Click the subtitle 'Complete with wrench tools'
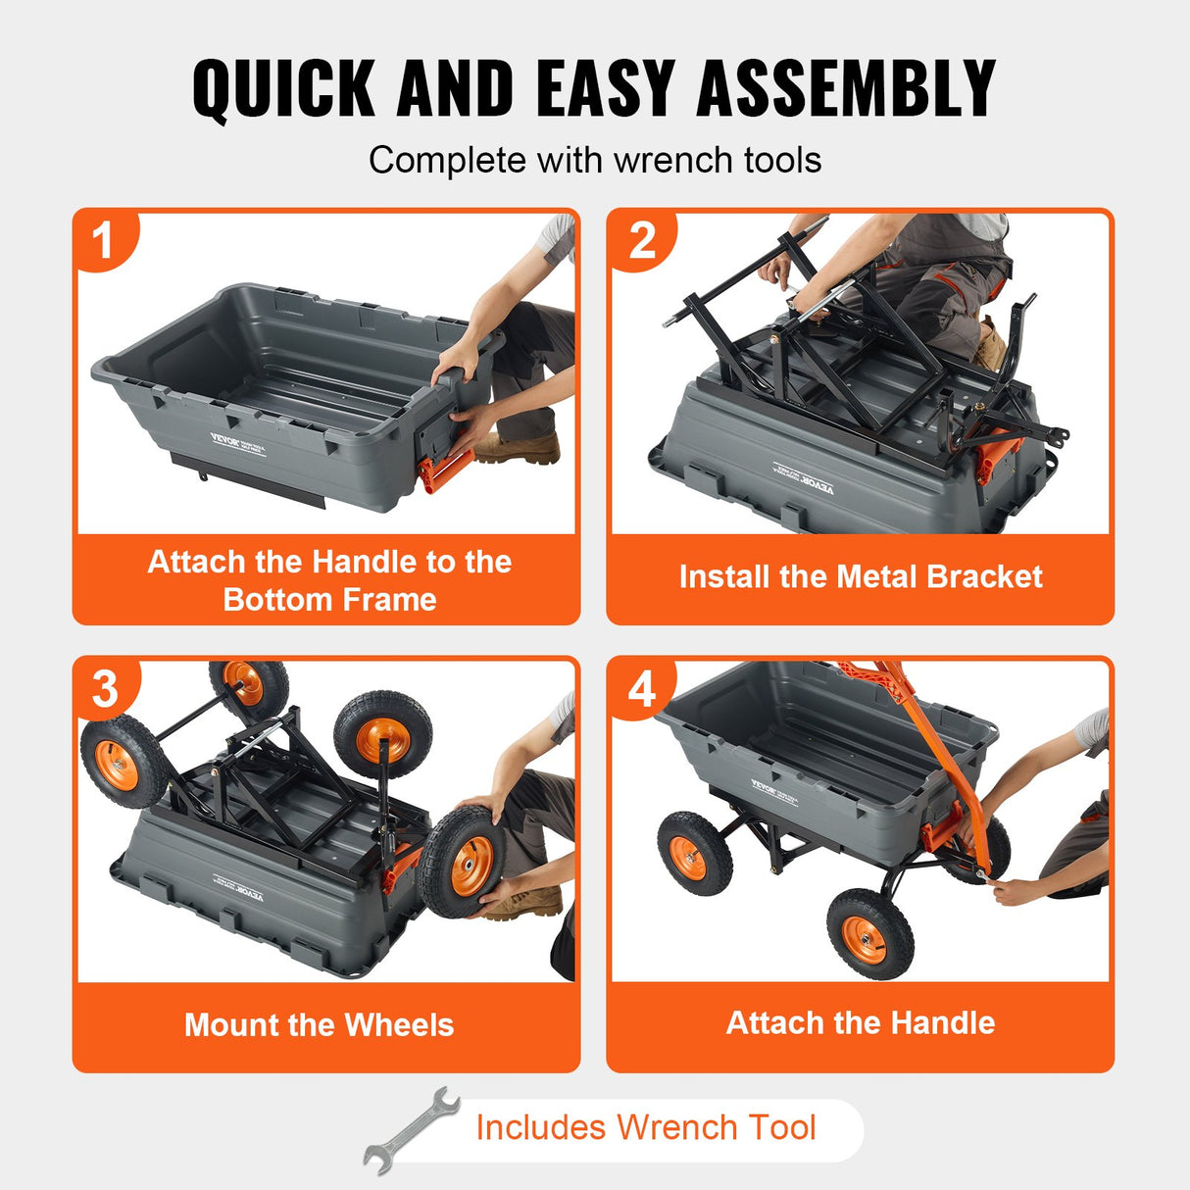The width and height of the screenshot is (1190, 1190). point(594,160)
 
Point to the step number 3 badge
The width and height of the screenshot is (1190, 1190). point(105,689)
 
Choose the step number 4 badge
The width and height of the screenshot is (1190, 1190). point(641,689)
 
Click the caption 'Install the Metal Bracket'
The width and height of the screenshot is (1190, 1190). point(860,576)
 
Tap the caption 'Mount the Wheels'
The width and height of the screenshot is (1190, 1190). point(319,1024)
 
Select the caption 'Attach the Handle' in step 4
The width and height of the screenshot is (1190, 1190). point(860,1022)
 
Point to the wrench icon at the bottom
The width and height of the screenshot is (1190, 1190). point(412,1129)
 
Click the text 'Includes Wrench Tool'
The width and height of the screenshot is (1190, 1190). point(645,1127)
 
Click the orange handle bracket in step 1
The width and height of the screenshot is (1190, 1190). point(443,470)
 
